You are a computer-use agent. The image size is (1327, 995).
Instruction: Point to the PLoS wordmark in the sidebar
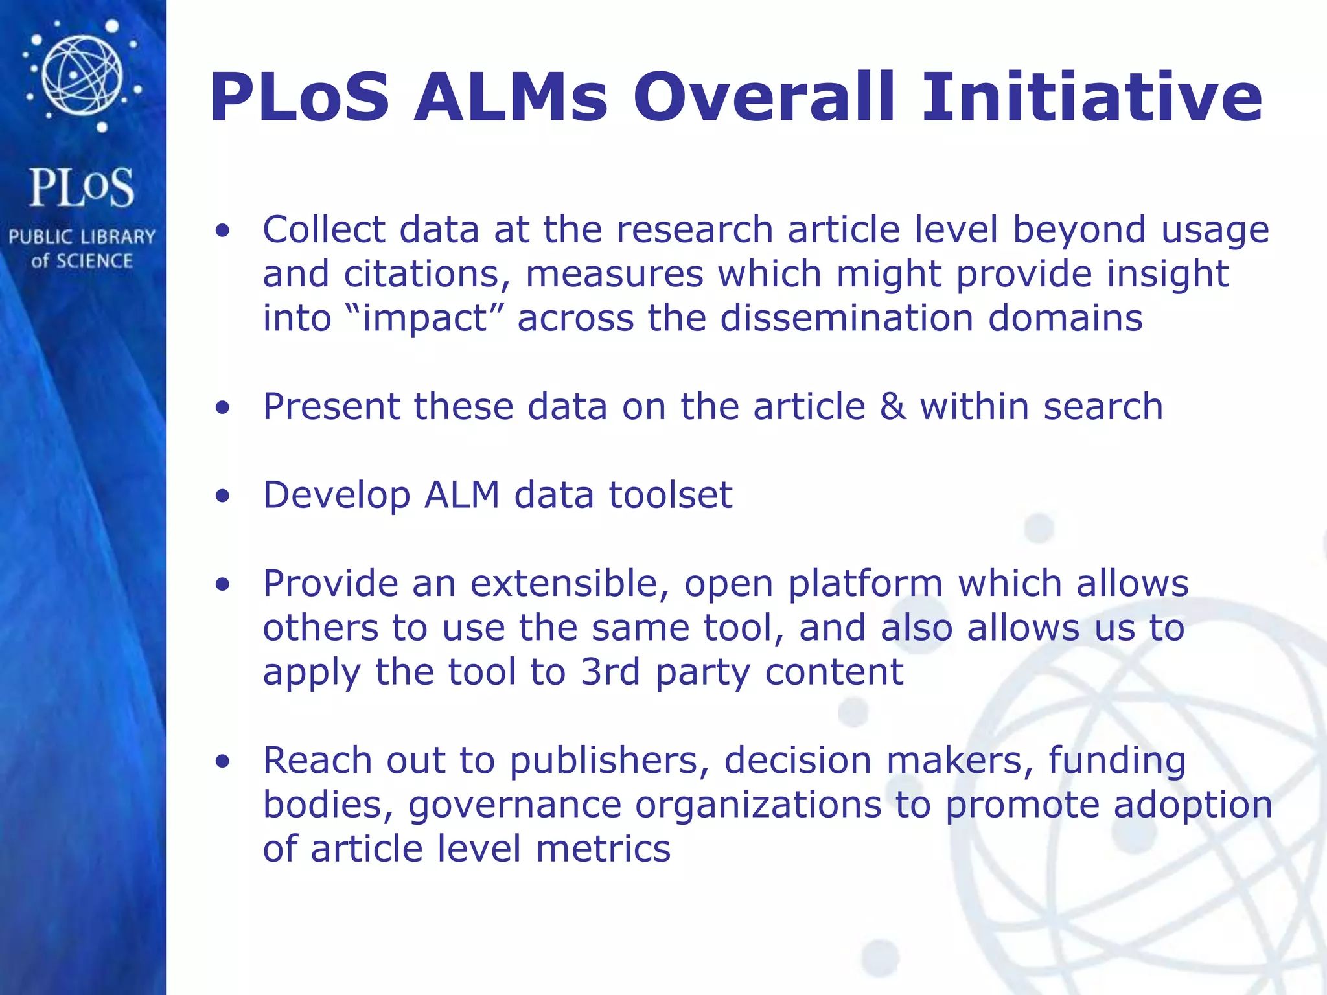[x=82, y=188]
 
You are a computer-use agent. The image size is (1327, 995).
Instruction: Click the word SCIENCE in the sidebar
[x=94, y=261]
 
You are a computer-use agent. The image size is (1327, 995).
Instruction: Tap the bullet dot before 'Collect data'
[x=223, y=231]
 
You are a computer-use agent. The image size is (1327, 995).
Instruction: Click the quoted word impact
[x=424, y=319]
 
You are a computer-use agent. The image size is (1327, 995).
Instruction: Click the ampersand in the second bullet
[x=893, y=407]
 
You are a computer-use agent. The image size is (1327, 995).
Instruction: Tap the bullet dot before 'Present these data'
[x=223, y=407]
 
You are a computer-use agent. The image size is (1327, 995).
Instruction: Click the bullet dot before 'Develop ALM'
[x=223, y=496]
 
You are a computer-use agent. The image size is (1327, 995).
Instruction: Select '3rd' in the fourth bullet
[x=610, y=672]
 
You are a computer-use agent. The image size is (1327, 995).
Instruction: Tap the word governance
[x=514, y=805]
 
